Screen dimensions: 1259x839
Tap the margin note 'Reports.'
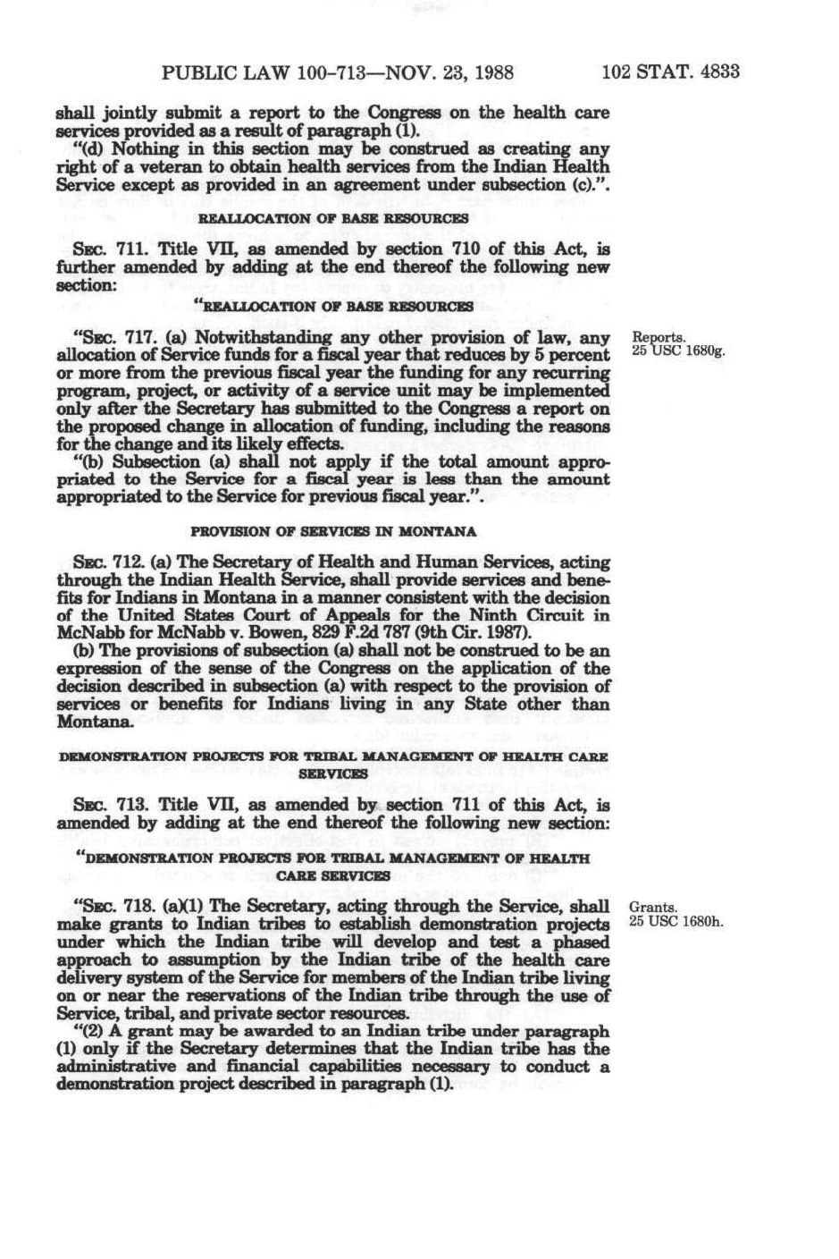[658, 337]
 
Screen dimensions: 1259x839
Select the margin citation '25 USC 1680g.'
[678, 351]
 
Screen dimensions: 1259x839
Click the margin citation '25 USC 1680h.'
[676, 921]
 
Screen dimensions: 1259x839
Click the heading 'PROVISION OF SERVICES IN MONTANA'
[333, 531]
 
